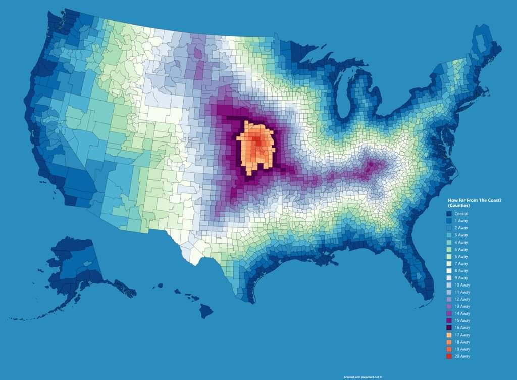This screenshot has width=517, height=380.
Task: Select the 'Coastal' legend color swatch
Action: (x=449, y=214)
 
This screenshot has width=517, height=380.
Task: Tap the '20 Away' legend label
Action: (x=462, y=356)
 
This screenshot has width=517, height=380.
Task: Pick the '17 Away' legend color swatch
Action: (x=449, y=335)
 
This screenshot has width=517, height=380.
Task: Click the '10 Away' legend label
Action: (x=462, y=285)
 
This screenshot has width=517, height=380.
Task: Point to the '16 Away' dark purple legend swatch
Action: (x=449, y=328)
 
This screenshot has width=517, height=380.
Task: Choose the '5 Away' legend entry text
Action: (x=461, y=250)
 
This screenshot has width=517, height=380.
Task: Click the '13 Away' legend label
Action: (x=462, y=306)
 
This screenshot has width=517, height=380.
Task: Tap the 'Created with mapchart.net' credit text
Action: (x=363, y=377)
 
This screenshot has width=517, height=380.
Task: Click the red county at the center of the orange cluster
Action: (x=258, y=143)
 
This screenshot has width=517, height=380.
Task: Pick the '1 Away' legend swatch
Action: (x=449, y=221)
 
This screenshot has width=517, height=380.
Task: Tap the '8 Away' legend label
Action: (x=461, y=271)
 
